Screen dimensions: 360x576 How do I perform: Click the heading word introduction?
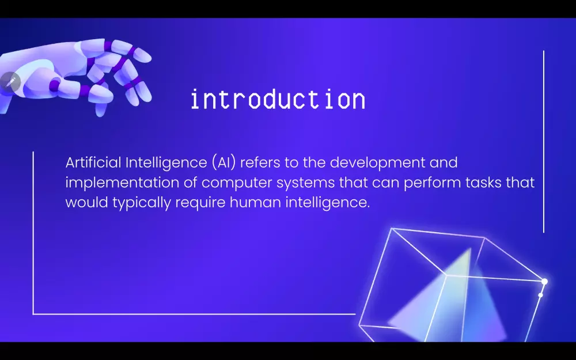coord(278,100)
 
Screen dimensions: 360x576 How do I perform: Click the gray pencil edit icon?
coord(10,82)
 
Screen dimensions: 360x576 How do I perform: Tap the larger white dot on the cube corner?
coord(544,281)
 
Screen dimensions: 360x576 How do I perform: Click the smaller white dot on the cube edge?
coord(540,295)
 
